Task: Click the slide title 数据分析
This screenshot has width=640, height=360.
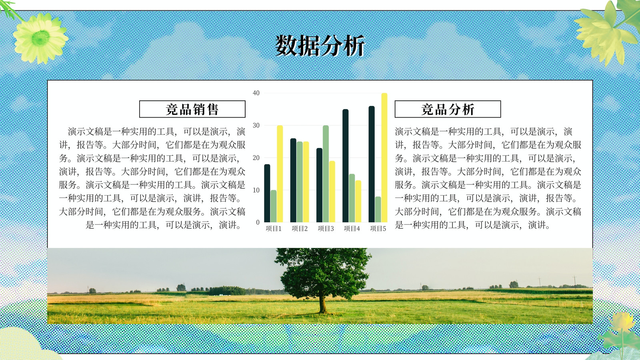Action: coord(320,46)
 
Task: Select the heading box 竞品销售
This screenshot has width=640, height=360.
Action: coord(192,109)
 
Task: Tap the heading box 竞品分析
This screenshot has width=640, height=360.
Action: coord(448,109)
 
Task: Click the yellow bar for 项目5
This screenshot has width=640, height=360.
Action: coord(384,158)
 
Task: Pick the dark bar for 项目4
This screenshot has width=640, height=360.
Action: coord(346,166)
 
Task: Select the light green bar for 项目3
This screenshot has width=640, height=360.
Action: coord(326,174)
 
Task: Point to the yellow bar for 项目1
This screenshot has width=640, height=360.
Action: coord(280,174)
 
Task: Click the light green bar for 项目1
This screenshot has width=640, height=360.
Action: coord(274,206)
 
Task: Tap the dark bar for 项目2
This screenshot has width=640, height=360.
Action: coord(293,180)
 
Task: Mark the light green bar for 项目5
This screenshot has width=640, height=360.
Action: coord(378,210)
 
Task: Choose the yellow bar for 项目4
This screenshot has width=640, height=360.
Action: coord(358,201)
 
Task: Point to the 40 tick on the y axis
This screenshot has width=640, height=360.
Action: coord(256,93)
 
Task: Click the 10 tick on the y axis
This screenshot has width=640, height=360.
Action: coord(256,190)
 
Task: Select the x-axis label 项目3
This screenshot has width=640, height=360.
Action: coord(326,228)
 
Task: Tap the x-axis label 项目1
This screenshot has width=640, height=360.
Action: coord(274,228)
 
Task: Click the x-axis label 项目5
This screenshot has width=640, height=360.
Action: coord(378,228)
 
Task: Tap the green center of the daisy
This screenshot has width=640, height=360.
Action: coord(40,38)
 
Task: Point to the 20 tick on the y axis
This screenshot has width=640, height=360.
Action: coord(256,158)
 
